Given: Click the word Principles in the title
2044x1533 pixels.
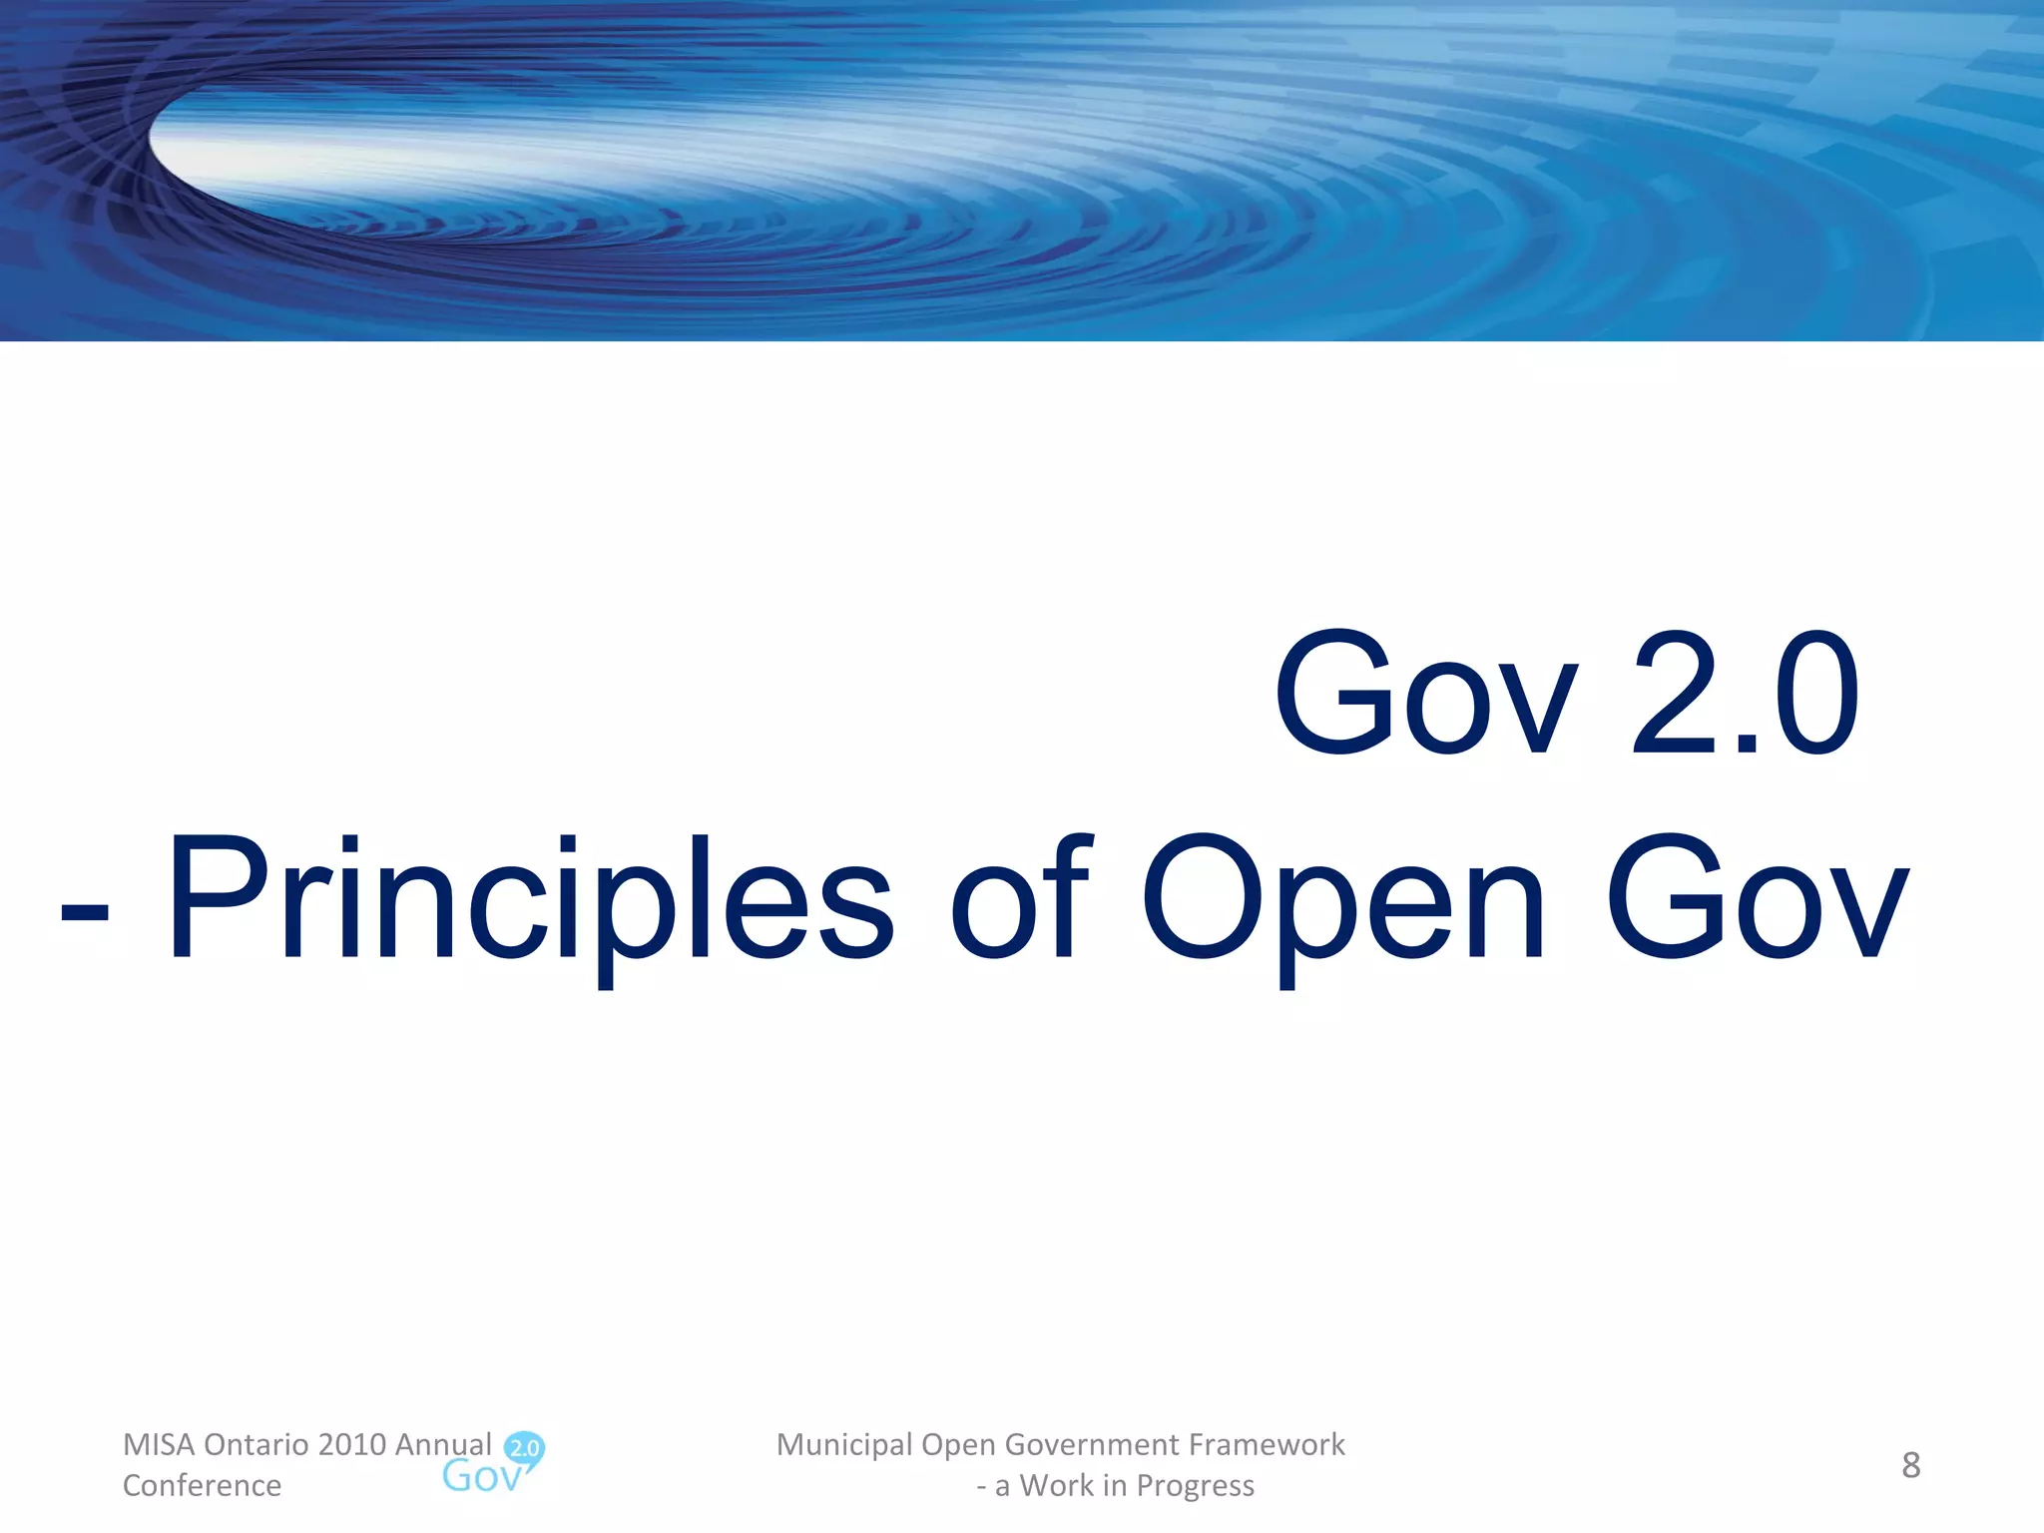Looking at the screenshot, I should (529, 898).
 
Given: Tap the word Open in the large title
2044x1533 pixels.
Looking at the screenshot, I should (1342, 898).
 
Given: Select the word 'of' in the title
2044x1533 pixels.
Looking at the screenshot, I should (1021, 898).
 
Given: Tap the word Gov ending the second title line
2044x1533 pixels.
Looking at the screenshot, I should (1757, 898).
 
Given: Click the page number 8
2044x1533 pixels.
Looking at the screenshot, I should (1910, 1465).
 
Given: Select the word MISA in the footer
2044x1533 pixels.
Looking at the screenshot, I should (159, 1444).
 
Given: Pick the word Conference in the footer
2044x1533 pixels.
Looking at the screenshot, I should (202, 1485).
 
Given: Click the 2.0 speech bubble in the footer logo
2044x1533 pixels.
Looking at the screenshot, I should (525, 1448).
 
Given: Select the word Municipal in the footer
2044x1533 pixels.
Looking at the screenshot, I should (844, 1444).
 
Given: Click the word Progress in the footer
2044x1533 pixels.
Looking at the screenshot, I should (1195, 1485).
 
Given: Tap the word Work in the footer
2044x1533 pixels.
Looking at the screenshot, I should (1057, 1485).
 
